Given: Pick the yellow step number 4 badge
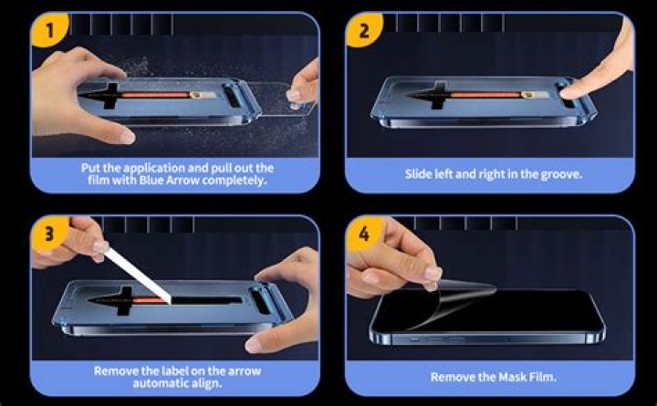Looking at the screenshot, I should click(x=361, y=233).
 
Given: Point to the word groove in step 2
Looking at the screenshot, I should click(x=559, y=173).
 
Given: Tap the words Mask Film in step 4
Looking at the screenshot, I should click(x=527, y=376).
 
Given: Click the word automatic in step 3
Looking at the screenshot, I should click(x=147, y=383).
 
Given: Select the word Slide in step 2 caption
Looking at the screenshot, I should click(x=421, y=173).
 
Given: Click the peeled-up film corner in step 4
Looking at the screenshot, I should click(x=429, y=301).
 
